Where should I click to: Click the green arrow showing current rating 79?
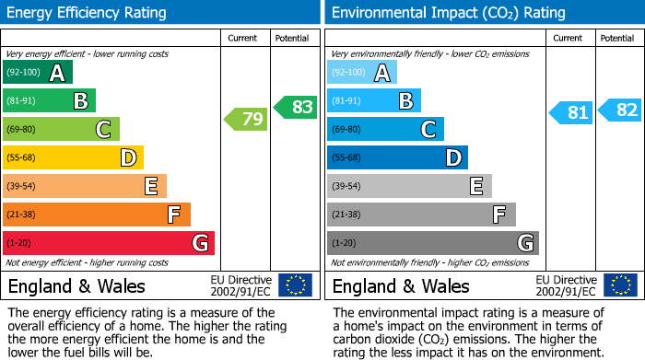(x=245, y=119)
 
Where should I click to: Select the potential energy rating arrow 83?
(x=296, y=107)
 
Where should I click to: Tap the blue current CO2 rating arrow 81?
(x=571, y=112)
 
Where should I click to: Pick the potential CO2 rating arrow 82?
(x=620, y=110)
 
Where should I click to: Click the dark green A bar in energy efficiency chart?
(x=38, y=73)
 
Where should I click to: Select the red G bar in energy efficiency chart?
(x=109, y=243)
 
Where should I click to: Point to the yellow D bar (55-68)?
(x=74, y=157)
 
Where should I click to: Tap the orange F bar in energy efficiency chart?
(x=97, y=215)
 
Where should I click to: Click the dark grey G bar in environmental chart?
(x=432, y=243)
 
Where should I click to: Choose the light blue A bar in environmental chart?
(x=362, y=73)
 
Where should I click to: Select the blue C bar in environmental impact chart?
(x=385, y=129)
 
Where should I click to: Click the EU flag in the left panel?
(x=295, y=285)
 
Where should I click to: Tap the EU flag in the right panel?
(x=620, y=285)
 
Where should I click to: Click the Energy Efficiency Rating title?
(x=88, y=13)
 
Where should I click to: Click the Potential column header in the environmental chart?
(x=616, y=38)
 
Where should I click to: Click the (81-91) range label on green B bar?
(x=23, y=101)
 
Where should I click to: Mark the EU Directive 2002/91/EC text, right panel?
(x=567, y=285)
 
